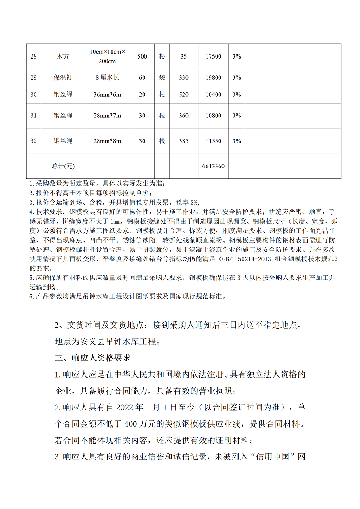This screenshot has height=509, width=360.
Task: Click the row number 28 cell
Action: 33,57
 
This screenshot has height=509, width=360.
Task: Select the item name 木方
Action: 63,57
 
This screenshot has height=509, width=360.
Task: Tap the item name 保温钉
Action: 63,77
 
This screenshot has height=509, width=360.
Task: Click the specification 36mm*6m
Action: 108,95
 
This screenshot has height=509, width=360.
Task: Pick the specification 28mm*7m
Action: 108,116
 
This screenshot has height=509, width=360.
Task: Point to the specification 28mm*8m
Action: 108,141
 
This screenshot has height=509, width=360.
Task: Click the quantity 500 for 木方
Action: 142,57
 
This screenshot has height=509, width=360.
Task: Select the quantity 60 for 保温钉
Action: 142,77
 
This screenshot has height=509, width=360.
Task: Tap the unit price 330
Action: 184,77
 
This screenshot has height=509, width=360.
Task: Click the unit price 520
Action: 184,95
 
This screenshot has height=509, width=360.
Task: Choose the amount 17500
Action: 213,57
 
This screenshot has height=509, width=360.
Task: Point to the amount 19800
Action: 213,77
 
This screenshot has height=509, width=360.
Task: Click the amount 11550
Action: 213,141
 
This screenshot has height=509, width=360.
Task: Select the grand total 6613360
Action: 213,166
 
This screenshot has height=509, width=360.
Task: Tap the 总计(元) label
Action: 63,166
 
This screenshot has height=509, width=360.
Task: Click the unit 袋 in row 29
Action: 162,77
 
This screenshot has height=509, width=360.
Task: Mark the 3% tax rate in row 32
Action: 236,141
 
